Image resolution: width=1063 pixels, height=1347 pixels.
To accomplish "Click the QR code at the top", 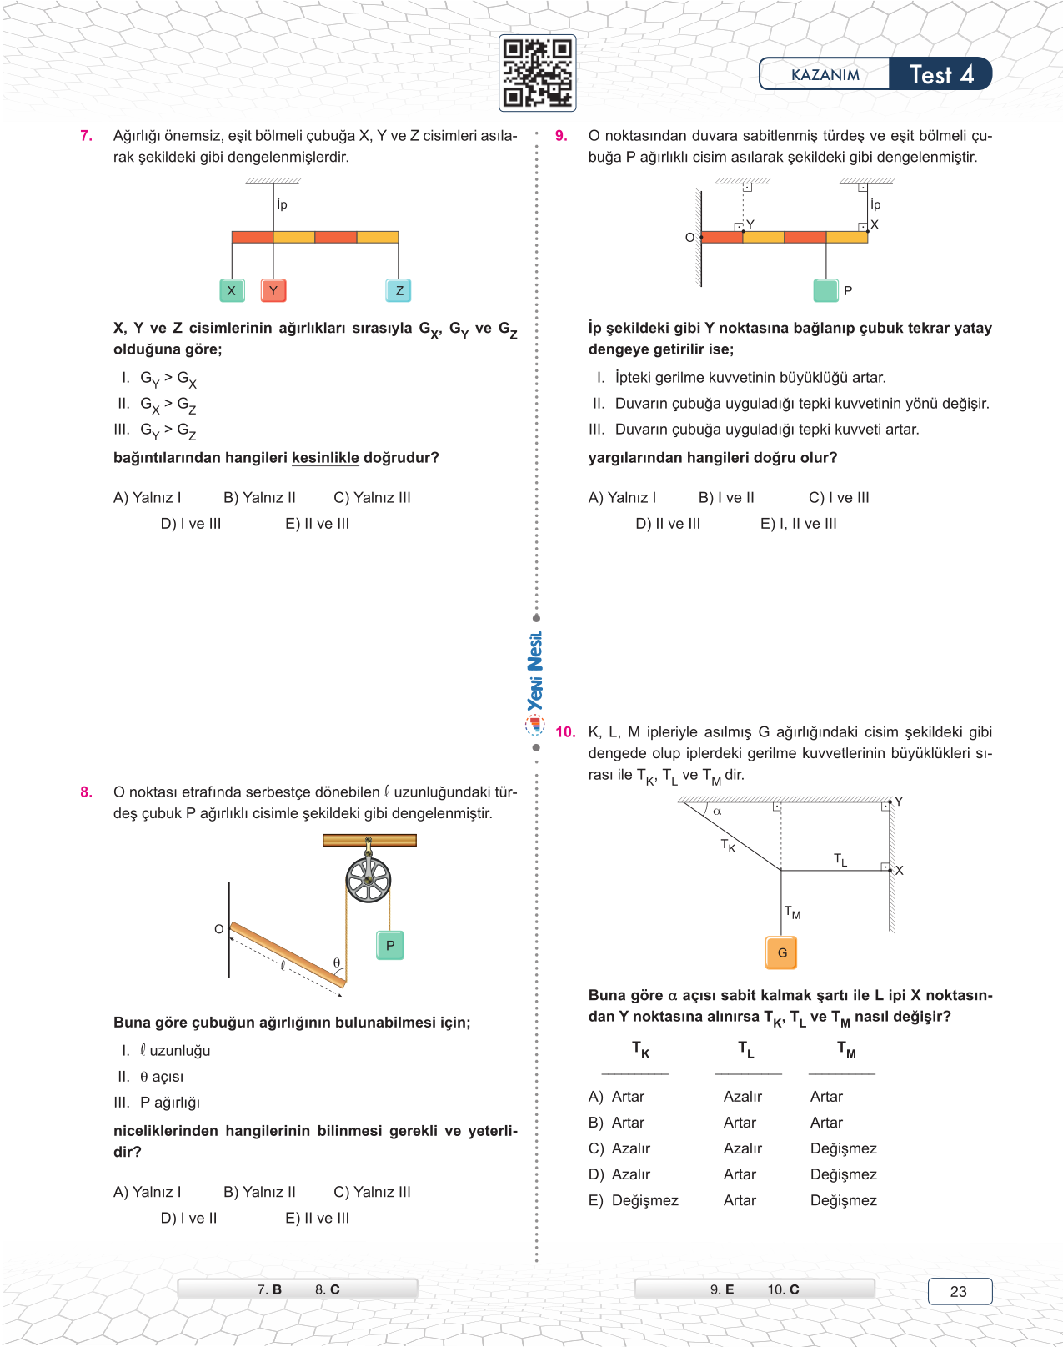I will (x=538, y=73).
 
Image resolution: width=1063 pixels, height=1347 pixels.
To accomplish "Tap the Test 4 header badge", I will (x=940, y=74).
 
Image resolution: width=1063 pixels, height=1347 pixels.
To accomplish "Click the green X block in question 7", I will (x=232, y=290).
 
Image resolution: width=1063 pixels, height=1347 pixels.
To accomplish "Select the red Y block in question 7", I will (x=273, y=290).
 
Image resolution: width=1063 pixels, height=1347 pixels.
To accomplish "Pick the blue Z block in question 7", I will (x=399, y=290).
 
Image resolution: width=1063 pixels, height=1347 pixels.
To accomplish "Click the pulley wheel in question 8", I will (x=368, y=879).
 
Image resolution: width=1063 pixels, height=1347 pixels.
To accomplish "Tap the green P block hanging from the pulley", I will (x=390, y=945).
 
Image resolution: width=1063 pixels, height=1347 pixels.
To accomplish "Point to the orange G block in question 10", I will (x=781, y=952).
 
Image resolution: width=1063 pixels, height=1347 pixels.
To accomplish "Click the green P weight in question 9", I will (x=825, y=290).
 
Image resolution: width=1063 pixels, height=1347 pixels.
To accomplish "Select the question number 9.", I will (x=561, y=135).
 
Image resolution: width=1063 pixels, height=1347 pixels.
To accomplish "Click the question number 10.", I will (x=565, y=731).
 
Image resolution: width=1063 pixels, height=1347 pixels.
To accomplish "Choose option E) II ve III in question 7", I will (x=317, y=524).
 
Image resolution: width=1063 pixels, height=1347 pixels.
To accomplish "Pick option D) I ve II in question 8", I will (x=188, y=1218).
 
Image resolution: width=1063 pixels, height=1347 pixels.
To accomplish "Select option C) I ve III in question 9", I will (x=839, y=497).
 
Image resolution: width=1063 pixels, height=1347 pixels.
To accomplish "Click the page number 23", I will (x=959, y=1291).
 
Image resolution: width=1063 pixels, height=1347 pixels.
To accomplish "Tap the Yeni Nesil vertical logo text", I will (x=535, y=671).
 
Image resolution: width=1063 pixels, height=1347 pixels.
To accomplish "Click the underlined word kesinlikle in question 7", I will (x=325, y=457).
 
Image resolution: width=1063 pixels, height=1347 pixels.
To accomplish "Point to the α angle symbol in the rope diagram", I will (x=717, y=811).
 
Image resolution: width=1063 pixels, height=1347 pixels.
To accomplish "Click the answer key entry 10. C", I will (x=783, y=1289).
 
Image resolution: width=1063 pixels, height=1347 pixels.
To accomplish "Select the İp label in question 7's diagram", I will (x=282, y=204).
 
